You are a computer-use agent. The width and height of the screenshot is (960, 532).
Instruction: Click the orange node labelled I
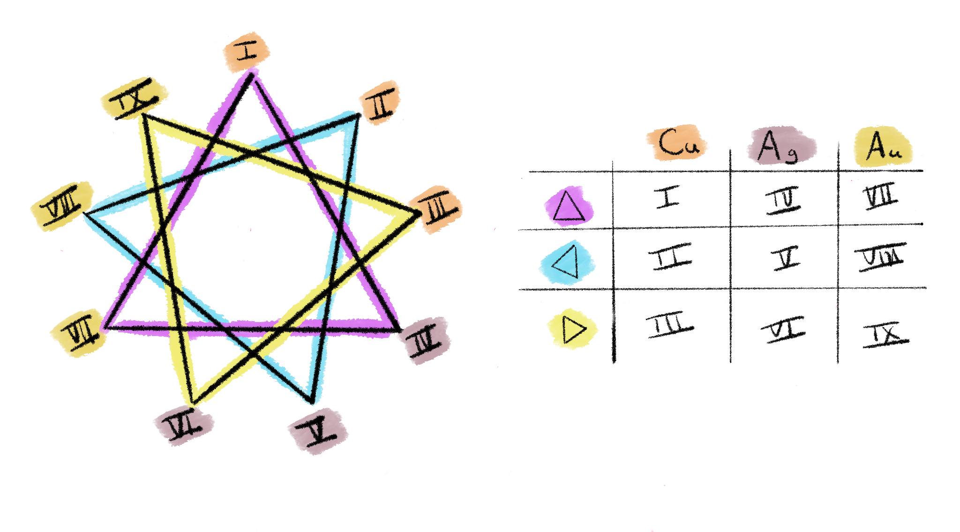[x=246, y=52]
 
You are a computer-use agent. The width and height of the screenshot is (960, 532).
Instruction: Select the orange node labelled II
[x=380, y=103]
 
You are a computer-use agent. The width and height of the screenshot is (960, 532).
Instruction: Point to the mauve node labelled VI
[x=183, y=425]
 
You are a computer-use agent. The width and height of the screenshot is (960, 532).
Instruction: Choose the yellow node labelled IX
[x=134, y=98]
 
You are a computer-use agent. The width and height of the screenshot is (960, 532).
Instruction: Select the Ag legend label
[x=780, y=145]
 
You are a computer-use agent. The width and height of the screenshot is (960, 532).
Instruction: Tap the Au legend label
[x=883, y=147]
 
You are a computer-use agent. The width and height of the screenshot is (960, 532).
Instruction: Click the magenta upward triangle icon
[x=569, y=206]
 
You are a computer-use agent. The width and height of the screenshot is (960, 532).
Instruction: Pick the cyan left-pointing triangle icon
[x=567, y=262]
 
